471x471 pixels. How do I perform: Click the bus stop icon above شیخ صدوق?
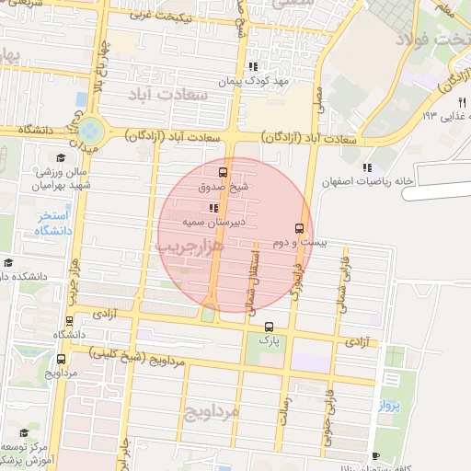pyautogui.click(x=222, y=172)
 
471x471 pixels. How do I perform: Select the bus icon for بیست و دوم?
pyautogui.click(x=298, y=228)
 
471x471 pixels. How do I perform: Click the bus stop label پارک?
pyautogui.click(x=268, y=339)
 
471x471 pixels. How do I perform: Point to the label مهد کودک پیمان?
pyautogui.click(x=254, y=81)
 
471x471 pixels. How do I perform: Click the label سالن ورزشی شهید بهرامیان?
pyautogui.click(x=62, y=178)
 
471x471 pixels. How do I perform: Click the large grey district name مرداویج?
pyautogui.click(x=211, y=409)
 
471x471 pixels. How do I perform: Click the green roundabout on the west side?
pyautogui.click(x=90, y=130)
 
